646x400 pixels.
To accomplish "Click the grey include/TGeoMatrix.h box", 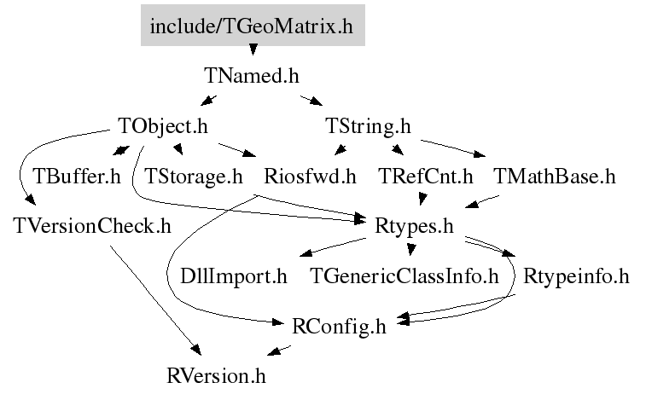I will [x=251, y=26].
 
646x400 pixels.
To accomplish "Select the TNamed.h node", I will [x=252, y=75].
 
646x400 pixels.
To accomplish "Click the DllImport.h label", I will [x=234, y=276].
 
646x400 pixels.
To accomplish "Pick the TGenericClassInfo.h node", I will [x=404, y=276].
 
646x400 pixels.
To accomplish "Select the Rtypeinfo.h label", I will [x=576, y=276].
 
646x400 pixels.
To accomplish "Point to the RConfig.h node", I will [x=339, y=326].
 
